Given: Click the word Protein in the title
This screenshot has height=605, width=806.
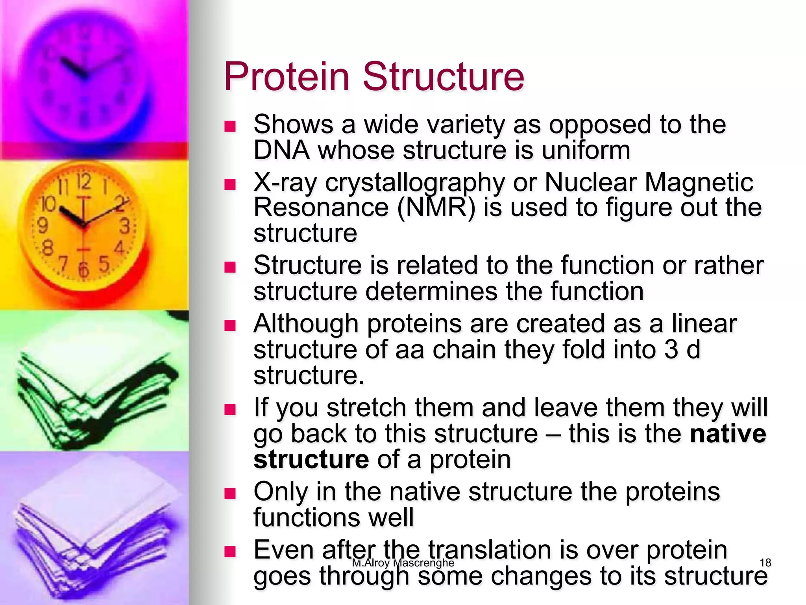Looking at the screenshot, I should click(287, 76).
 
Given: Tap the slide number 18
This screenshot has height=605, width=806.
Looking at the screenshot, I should click(765, 562).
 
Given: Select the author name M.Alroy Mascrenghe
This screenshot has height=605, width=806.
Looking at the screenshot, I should click(403, 562).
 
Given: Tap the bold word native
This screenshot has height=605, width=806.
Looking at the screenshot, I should click(728, 434).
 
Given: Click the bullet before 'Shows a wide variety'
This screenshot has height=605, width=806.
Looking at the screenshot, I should click(229, 126).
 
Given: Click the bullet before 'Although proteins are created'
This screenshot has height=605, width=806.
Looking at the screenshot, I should click(229, 325).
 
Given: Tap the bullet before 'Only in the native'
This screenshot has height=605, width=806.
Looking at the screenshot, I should click(229, 493).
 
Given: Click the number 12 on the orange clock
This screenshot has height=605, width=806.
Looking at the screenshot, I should click(83, 182).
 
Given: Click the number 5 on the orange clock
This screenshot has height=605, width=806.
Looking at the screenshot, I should click(103, 264).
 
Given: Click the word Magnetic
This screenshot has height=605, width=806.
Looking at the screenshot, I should click(699, 183).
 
